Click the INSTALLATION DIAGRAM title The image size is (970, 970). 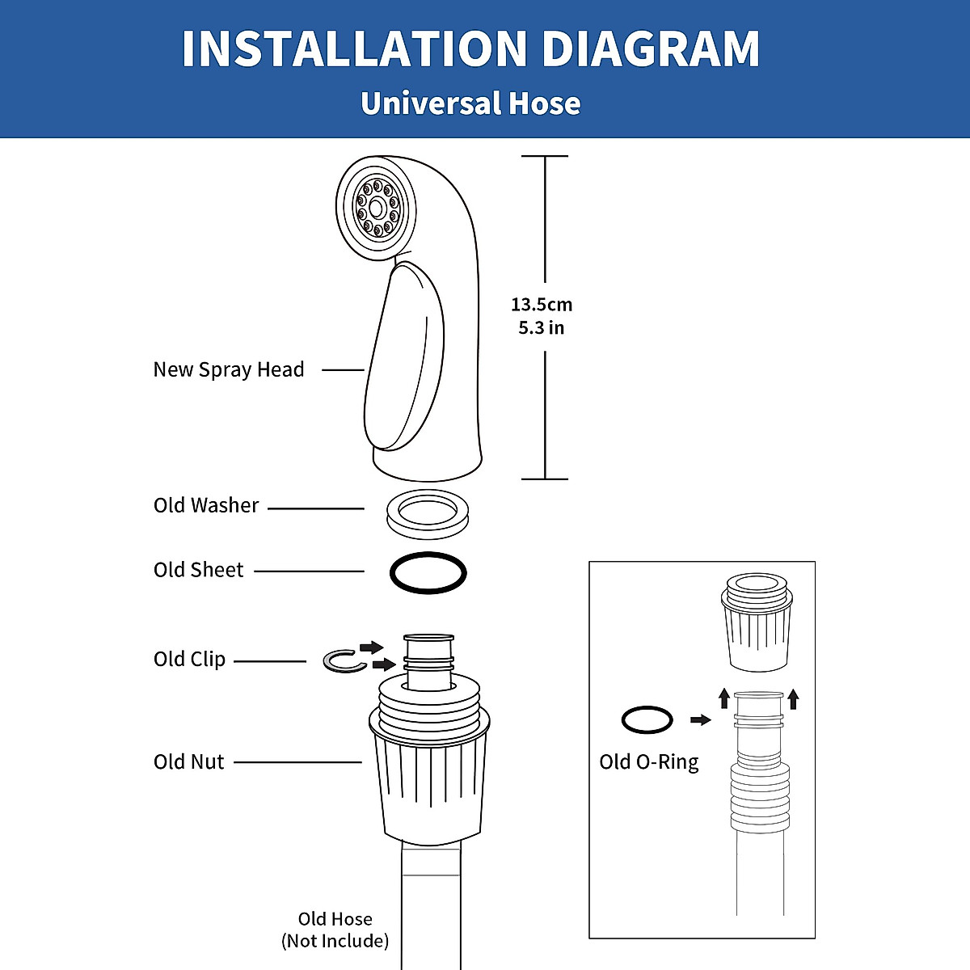click(470, 49)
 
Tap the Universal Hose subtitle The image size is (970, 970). click(470, 103)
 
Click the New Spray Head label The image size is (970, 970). click(229, 370)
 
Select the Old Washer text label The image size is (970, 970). click(206, 506)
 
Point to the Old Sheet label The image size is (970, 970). click(198, 571)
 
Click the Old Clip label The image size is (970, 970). click(189, 660)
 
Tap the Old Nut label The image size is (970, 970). click(188, 762)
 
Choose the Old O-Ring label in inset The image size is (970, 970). click(648, 762)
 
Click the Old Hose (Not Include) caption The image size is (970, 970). click(335, 930)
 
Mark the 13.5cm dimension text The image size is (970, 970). click(542, 305)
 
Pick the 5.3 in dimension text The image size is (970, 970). click(542, 328)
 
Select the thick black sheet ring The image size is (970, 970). click(428, 573)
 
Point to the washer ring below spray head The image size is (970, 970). click(427, 512)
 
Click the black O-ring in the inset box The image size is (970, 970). click(647, 719)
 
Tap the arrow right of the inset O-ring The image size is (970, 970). click(700, 719)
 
